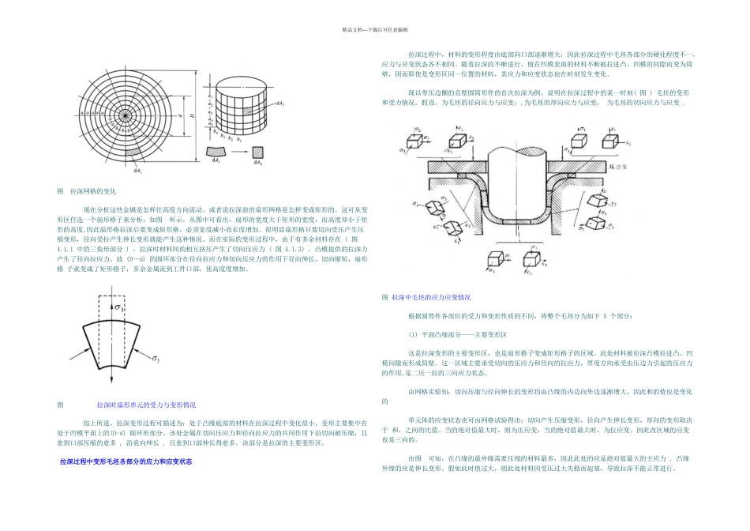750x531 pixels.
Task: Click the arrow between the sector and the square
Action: click(236, 150)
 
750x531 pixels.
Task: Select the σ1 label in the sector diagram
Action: click(121, 306)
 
